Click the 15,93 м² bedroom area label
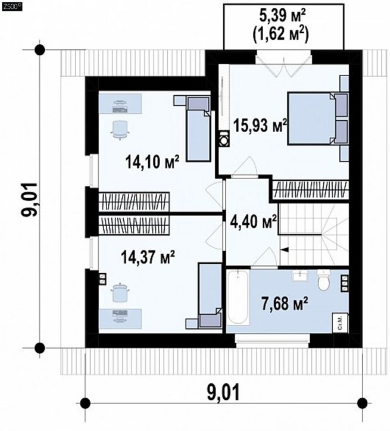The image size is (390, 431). point(260,126)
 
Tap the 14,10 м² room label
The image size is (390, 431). point(152,161)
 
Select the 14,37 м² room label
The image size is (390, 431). point(148,257)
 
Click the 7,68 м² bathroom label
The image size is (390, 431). point(284,303)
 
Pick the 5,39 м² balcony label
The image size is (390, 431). point(283,17)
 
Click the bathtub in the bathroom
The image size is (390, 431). point(239,298)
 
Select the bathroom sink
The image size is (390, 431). point(301,276)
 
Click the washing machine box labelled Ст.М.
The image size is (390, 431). point(340,323)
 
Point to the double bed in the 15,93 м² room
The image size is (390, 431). point(318,118)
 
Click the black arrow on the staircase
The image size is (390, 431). point(284,249)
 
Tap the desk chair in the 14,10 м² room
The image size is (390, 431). point(120,130)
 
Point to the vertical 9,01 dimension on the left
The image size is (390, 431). point(29,199)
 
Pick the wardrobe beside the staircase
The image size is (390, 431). point(311,190)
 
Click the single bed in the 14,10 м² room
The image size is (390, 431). point(198,128)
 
